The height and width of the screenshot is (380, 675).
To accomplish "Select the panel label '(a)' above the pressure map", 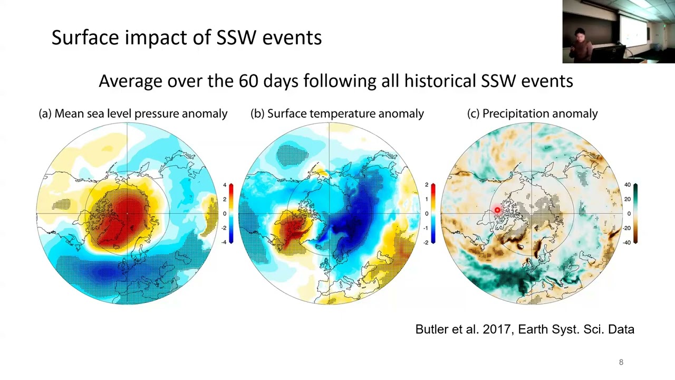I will point(45,113).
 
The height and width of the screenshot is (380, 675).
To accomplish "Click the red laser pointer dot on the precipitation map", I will point(497,211).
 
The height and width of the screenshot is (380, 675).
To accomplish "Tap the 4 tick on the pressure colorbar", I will point(224,185).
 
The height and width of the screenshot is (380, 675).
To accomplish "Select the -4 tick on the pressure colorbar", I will point(224,242).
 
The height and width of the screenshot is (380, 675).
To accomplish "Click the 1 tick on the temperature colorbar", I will point(426,199).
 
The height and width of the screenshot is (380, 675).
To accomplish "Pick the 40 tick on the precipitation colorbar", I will point(627,185).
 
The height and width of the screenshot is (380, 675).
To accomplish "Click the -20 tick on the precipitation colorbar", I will point(626,228).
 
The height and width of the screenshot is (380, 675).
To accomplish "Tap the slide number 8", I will point(621,362).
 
